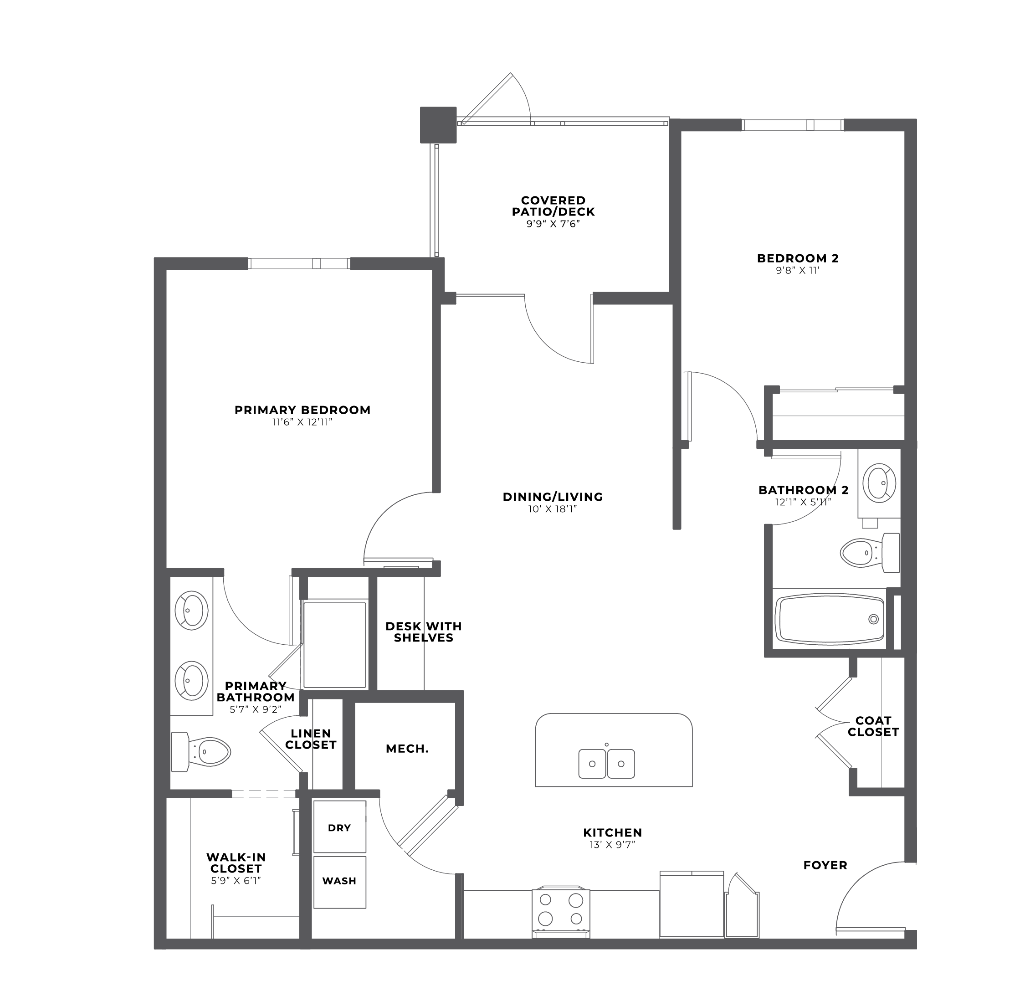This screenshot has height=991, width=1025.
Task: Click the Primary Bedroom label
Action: (302, 410)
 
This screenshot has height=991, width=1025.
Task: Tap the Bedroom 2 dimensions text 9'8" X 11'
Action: (798, 270)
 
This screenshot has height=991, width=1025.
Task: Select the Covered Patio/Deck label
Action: (553, 206)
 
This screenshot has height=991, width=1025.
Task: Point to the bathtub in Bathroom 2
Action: (830, 619)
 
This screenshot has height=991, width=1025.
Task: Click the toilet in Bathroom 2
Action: (870, 552)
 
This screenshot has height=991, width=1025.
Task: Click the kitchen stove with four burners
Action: (561, 912)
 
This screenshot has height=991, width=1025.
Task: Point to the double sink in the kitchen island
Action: (607, 764)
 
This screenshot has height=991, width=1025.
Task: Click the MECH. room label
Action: (407, 749)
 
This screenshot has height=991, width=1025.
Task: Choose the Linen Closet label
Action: (311, 739)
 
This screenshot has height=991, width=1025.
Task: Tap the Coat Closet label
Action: (873, 726)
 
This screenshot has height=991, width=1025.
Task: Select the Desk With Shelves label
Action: (424, 632)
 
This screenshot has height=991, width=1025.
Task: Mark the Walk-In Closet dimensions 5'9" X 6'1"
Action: (236, 881)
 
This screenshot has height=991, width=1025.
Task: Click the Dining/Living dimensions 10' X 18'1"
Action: (553, 509)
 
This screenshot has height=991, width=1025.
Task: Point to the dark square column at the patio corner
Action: (438, 125)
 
